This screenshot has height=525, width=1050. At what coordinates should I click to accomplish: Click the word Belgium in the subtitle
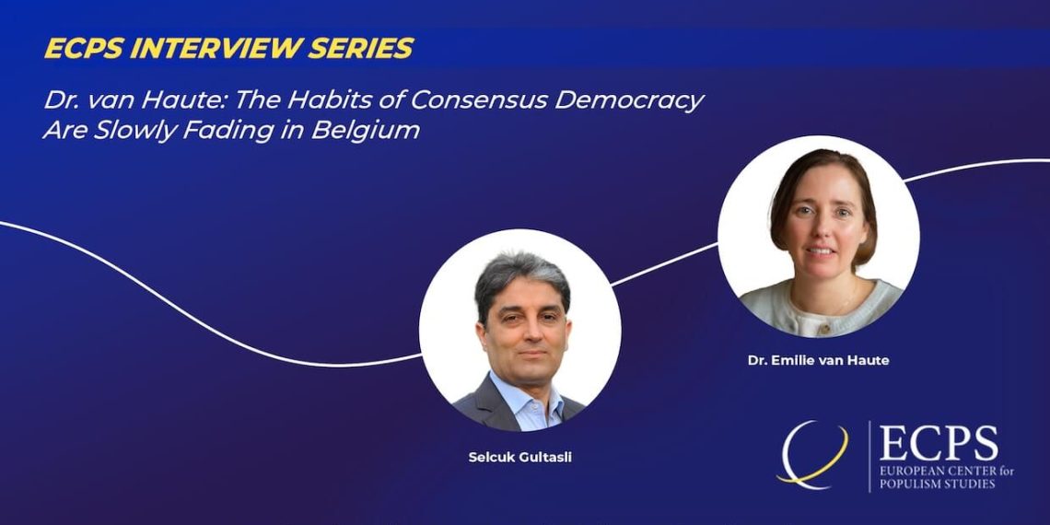coord(366,131)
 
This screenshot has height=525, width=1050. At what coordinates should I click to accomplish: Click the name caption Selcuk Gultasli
coord(520,459)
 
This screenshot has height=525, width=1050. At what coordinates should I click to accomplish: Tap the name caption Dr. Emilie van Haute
coord(818,360)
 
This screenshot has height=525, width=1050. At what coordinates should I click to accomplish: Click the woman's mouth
coord(821,251)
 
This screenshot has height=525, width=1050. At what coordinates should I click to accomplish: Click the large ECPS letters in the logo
coord(939,443)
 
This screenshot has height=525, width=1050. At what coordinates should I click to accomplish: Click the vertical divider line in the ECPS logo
coord(869,456)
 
